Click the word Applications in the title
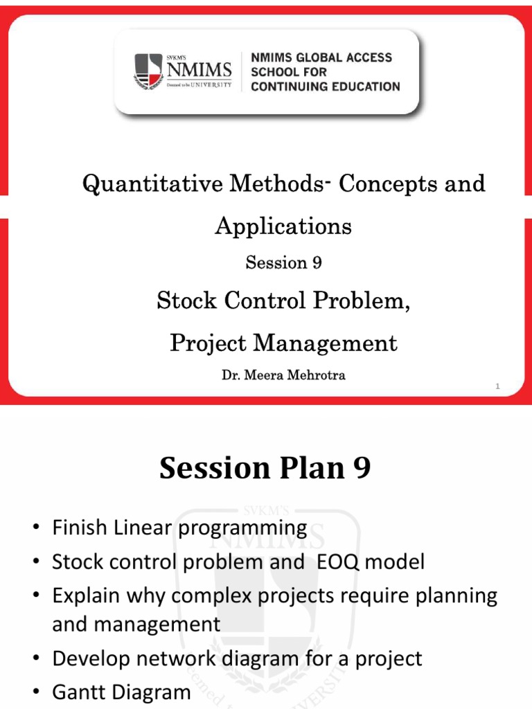click(283, 226)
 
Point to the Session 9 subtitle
click(283, 262)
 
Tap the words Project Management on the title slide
click(283, 343)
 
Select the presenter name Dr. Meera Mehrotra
click(283, 376)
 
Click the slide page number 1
click(497, 387)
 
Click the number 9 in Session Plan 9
click(362, 469)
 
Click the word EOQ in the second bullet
click(337, 562)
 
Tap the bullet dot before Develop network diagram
click(35, 658)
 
